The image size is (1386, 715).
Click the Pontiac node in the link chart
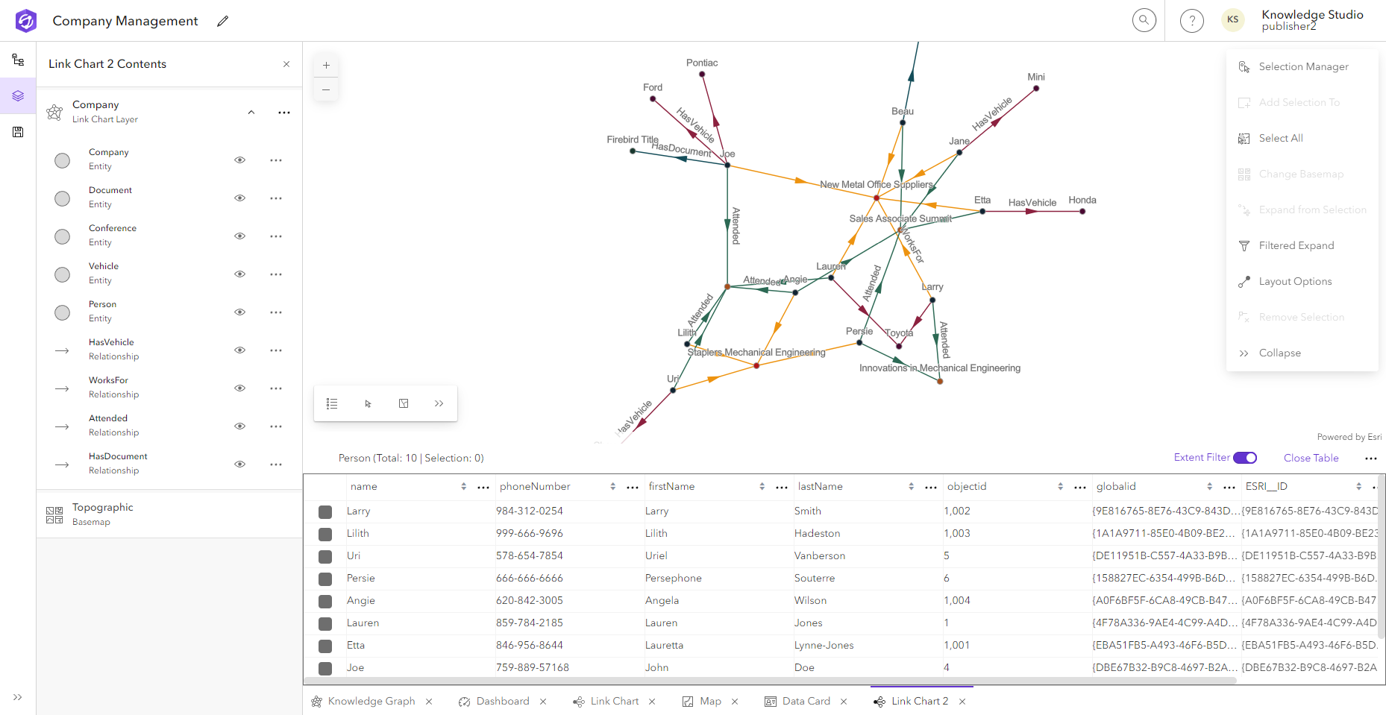(702, 74)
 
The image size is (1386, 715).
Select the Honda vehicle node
(1082, 211)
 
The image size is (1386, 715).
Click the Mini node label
(1035, 77)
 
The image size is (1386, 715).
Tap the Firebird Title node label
(632, 139)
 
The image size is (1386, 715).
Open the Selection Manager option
(1303, 66)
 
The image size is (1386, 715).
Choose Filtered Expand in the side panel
(1296, 245)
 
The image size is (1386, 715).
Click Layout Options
(1295, 281)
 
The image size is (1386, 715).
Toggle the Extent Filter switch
(1244, 458)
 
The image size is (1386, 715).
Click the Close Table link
(1311, 458)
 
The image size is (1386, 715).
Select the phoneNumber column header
(535, 486)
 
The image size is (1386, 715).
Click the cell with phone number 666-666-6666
(530, 578)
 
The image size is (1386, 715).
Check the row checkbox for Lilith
(325, 534)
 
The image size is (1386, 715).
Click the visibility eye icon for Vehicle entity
(239, 274)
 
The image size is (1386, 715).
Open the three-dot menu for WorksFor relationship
(276, 388)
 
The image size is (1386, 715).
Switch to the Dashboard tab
(502, 701)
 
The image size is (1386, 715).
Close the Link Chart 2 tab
(962, 702)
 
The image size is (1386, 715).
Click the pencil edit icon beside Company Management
(222, 21)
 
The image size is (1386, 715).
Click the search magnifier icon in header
(1144, 20)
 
